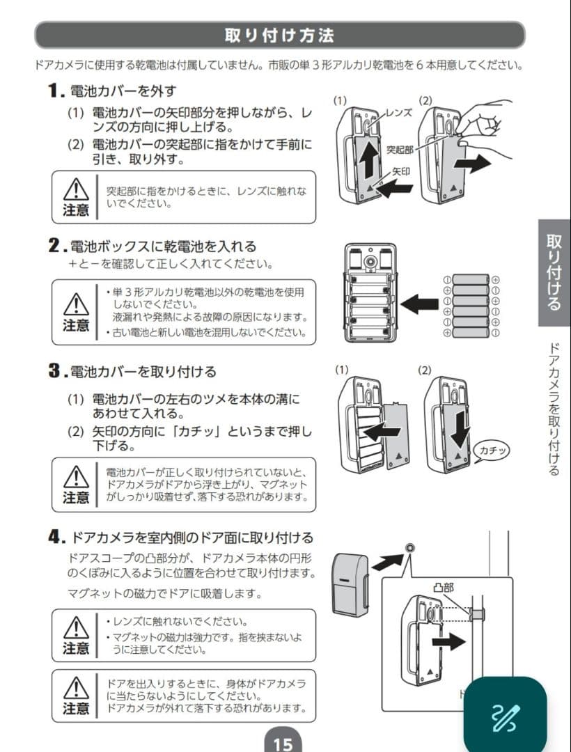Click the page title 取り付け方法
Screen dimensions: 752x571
(x=279, y=35)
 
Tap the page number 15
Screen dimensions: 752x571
(x=283, y=743)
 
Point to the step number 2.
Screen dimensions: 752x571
(x=56, y=246)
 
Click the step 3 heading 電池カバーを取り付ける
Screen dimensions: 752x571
(x=143, y=371)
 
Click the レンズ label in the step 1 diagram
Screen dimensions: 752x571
(x=399, y=112)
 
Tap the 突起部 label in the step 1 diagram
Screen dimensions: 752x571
(x=400, y=149)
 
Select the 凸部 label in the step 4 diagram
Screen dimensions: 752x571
(x=443, y=587)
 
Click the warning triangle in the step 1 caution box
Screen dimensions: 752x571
(x=75, y=189)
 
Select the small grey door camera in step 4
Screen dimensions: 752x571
(x=350, y=583)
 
